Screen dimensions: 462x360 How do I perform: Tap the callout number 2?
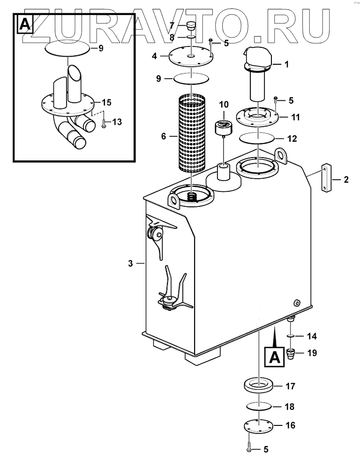[x=346, y=179]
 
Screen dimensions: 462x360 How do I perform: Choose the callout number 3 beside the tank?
[x=131, y=264]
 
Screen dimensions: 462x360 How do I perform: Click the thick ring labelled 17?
[x=258, y=386]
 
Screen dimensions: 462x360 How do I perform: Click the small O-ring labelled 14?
[x=290, y=336]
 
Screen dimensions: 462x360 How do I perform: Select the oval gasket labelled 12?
[x=257, y=139]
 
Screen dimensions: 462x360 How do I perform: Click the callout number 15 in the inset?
[x=107, y=102]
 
